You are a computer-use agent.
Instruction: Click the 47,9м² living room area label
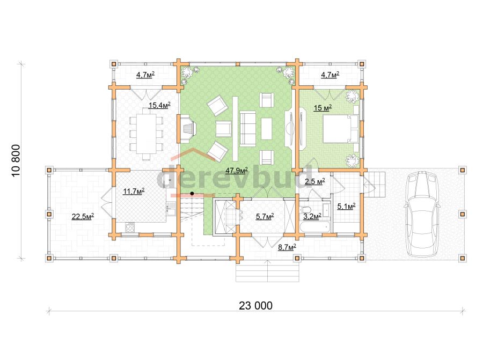pyautogui.click(x=237, y=171)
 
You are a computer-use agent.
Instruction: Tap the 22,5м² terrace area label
pyautogui.click(x=83, y=217)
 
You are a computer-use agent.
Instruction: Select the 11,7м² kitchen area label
pyautogui.click(x=134, y=192)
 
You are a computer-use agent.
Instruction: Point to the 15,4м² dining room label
pyautogui.click(x=159, y=105)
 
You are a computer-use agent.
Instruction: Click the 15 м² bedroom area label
pyautogui.click(x=323, y=108)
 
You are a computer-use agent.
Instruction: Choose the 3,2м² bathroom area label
pyautogui.click(x=312, y=216)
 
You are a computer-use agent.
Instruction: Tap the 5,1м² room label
pyautogui.click(x=347, y=206)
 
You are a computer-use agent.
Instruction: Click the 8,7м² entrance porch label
pyautogui.click(x=287, y=247)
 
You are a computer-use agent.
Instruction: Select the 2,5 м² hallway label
pyautogui.click(x=315, y=181)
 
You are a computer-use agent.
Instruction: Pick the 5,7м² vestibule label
pyautogui.click(x=265, y=217)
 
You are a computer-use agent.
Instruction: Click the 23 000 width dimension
pyautogui.click(x=255, y=305)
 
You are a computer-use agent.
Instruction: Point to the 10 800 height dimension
pyautogui.click(x=16, y=160)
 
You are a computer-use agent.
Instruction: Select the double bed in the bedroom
pyautogui.click(x=341, y=129)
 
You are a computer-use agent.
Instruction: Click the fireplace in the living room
pyautogui.click(x=188, y=128)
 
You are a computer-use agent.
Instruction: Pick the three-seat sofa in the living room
pyautogui.click(x=247, y=128)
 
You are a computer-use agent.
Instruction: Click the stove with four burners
pyautogui.click(x=130, y=227)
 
